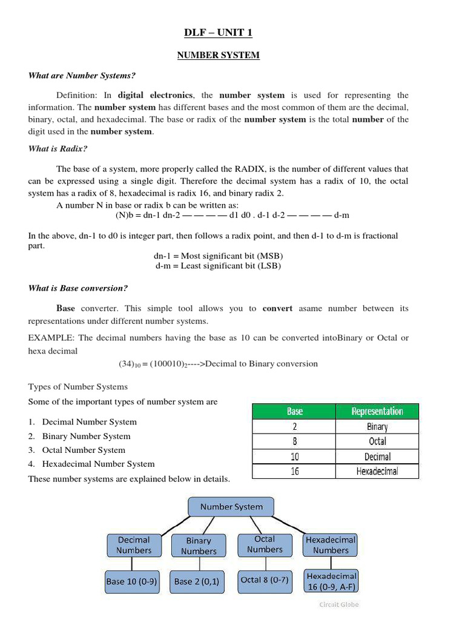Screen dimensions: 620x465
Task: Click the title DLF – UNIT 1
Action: tap(218, 33)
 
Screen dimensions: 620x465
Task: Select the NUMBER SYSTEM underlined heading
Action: tap(218, 55)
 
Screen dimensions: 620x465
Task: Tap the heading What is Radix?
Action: tap(58, 148)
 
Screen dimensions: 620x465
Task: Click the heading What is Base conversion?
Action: tap(78, 288)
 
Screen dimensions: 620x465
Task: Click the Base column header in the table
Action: tap(294, 411)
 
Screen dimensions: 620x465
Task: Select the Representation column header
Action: tap(377, 411)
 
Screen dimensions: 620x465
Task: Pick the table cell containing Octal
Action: tap(377, 441)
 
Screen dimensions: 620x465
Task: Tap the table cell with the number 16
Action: tap(294, 471)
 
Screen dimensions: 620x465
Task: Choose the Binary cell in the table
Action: tap(377, 426)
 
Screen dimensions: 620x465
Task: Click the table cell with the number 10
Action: tap(294, 457)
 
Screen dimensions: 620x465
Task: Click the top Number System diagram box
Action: tap(231, 507)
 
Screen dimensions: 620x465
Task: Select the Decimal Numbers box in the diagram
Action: tap(134, 545)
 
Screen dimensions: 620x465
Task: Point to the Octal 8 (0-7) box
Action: tap(265, 580)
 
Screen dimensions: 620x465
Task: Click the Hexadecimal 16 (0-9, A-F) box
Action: tap(331, 581)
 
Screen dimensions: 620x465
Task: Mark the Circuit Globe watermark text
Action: tap(338, 604)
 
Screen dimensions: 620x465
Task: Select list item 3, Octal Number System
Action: tap(84, 450)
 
